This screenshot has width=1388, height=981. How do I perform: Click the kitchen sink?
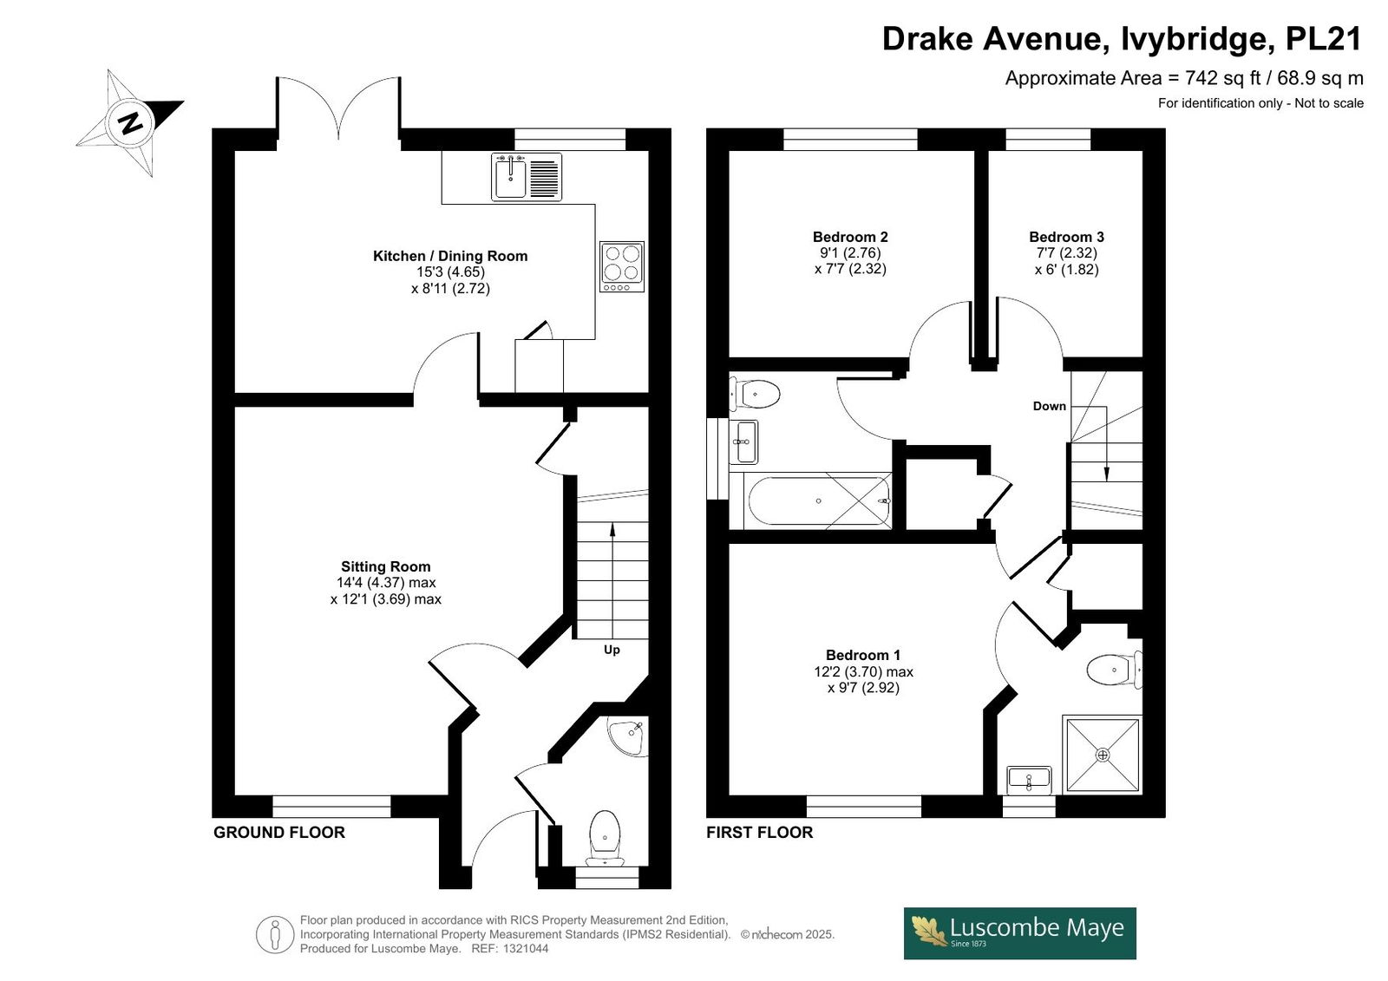pos(527,177)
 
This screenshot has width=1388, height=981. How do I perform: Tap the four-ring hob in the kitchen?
pos(622,266)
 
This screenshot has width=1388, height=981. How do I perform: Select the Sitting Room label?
pos(385,566)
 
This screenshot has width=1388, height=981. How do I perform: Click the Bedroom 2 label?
pos(850,237)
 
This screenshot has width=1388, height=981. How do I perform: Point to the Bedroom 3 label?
pos(1066,237)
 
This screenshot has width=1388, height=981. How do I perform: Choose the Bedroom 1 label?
pos(863,655)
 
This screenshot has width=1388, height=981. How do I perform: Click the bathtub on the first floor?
pos(820,500)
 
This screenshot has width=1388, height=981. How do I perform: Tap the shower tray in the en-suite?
pos(1103,755)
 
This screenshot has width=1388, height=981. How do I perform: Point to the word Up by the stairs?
pos(612,650)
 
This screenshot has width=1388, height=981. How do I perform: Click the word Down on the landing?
pos(1050,407)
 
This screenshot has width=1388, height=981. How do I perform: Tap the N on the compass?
pos(130,122)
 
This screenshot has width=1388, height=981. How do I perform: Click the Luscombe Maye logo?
pos(1020,933)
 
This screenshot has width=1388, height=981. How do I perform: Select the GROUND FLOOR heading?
pos(278,833)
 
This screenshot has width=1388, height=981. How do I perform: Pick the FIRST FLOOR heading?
pos(760,833)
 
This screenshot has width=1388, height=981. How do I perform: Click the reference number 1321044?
pos(526,949)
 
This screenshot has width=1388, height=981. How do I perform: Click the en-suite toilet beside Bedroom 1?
pos(1115,670)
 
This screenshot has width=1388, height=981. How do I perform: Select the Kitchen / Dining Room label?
pos(450,256)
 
